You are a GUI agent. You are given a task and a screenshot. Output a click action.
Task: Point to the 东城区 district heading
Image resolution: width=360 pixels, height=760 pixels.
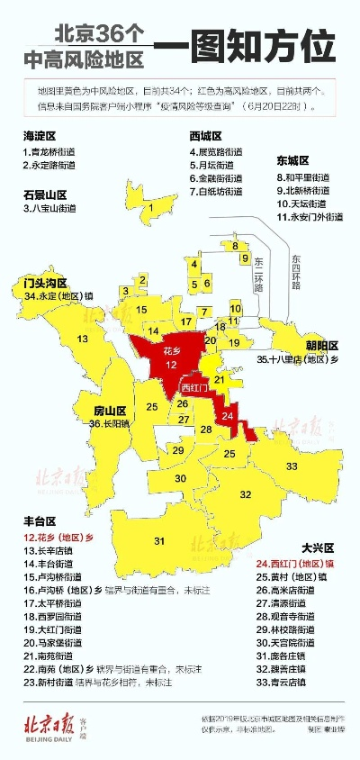[x=294, y=161]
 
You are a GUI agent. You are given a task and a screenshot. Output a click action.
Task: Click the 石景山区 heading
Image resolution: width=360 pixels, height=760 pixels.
[x=45, y=194]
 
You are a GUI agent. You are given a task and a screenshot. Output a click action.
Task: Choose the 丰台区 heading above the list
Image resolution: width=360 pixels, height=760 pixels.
[x=40, y=520]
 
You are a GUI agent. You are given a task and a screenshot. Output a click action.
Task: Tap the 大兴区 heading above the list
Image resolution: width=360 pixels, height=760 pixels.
[x=317, y=547]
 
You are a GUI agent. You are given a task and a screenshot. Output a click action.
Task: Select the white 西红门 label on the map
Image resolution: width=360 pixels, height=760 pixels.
[x=194, y=388]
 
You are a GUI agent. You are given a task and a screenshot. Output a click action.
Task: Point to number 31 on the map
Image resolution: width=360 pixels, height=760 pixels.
[x=159, y=540]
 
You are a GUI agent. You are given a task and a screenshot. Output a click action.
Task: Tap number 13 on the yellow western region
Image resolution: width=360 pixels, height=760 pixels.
[x=82, y=339]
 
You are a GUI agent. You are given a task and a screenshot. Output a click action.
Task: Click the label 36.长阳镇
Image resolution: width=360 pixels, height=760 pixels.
[x=109, y=422]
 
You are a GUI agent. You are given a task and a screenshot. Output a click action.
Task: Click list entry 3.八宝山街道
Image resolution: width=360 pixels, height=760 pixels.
[x=56, y=209]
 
